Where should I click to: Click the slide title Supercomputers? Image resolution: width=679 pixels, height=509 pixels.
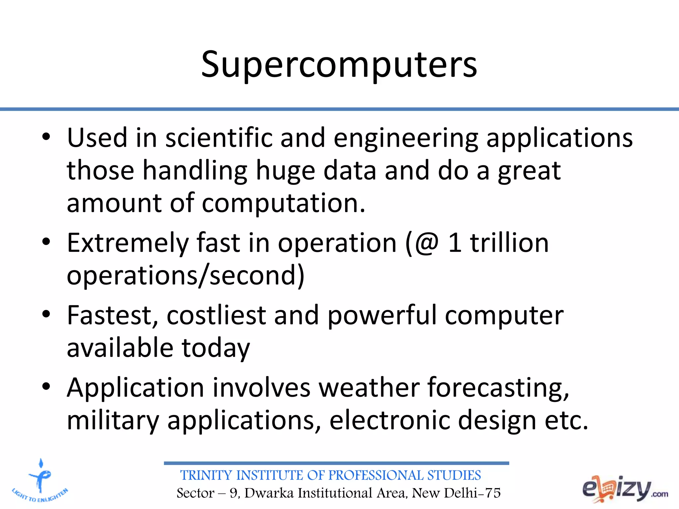point(339,65)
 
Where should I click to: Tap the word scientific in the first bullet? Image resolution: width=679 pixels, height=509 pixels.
point(219,138)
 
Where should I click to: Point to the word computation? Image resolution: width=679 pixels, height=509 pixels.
point(283,203)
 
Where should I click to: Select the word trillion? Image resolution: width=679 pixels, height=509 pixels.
point(509,243)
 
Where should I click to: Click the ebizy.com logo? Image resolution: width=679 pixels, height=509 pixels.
point(625,489)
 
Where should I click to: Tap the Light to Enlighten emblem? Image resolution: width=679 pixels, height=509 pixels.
point(40,481)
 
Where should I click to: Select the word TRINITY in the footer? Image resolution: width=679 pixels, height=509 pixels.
point(206,476)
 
